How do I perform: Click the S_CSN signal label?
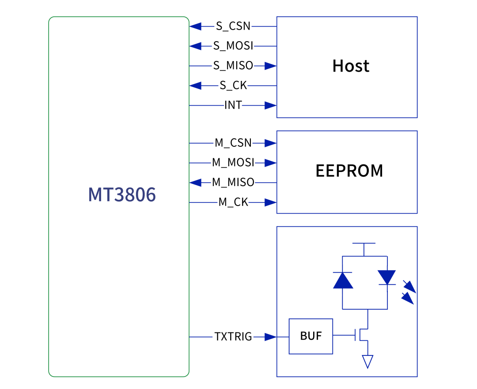pos(233,26)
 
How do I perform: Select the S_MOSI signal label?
pos(233,46)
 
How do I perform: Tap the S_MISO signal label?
pos(233,66)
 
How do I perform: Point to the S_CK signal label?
pos(233,86)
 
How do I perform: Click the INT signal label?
pos(233,105)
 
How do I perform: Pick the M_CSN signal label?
pos(233,143)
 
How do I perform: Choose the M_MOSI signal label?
pos(233,163)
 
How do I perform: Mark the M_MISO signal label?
pos(233,182)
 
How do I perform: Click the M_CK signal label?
pos(233,202)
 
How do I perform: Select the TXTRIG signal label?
pos(233,337)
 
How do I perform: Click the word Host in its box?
pos(351,66)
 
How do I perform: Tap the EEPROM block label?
pos(349,171)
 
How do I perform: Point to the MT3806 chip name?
pos(122,195)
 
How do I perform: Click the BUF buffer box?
pos(311,336)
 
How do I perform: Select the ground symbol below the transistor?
pos(367,361)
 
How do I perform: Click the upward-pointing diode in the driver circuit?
pos(343,280)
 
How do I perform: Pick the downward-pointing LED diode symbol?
pos(387,278)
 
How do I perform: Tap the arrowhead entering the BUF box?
pos(271,337)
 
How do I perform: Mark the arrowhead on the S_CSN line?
pos(196,26)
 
